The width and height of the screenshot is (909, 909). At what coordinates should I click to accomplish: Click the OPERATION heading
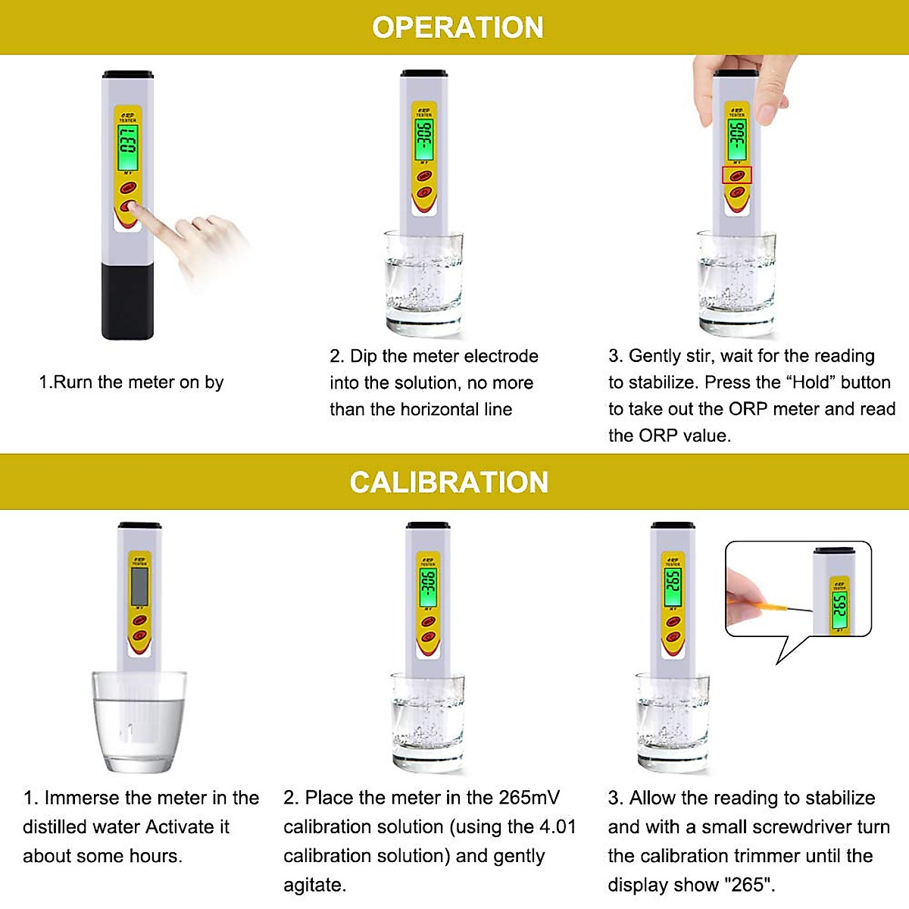pos(458,28)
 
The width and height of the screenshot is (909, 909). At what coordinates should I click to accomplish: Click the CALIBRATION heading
pos(448,483)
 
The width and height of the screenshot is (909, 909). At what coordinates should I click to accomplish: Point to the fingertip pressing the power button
pos(143,215)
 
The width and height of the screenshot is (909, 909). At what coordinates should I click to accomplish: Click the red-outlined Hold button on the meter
pos(736,175)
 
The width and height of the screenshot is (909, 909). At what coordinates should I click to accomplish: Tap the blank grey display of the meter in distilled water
pos(139,585)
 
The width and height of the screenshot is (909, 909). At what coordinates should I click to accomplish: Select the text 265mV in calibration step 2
pos(529,798)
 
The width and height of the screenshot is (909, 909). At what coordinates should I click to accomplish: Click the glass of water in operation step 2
pos(423,284)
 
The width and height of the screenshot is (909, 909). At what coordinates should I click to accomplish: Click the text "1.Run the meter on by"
pos(131,383)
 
